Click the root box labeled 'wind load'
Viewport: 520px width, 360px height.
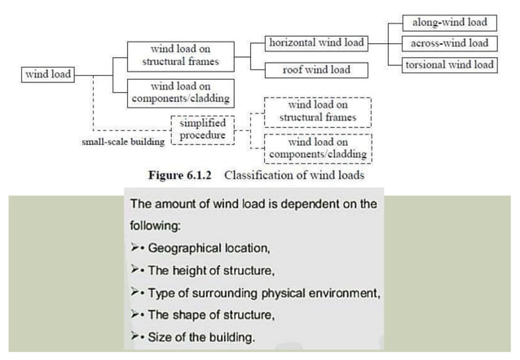pyautogui.click(x=47, y=75)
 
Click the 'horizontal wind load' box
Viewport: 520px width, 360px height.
pyautogui.click(x=316, y=42)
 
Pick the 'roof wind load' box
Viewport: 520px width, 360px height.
pyautogui.click(x=316, y=70)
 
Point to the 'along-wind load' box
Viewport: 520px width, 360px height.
pyautogui.click(x=450, y=23)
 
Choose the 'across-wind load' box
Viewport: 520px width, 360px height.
pyautogui.click(x=450, y=43)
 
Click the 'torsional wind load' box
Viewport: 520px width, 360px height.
pyautogui.click(x=450, y=64)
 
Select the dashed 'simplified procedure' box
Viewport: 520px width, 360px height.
pyautogui.click(x=202, y=129)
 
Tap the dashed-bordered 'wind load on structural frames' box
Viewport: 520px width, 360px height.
pyautogui.click(x=319, y=112)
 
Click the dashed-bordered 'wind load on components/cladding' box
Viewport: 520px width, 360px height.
pyautogui.click(x=319, y=147)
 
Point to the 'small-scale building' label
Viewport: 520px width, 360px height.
pyautogui.click(x=122, y=141)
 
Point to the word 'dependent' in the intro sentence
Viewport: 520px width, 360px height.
pyautogui.click(x=309, y=204)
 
